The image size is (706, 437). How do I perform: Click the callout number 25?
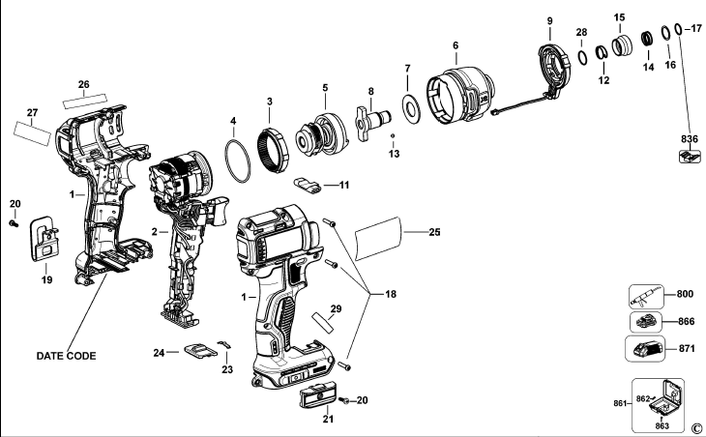click(434, 232)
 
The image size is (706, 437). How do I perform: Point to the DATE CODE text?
click(67, 356)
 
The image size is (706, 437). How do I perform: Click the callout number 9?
click(549, 20)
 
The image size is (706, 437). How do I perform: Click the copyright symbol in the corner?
click(696, 426)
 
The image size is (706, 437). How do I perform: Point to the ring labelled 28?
click(582, 55)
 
